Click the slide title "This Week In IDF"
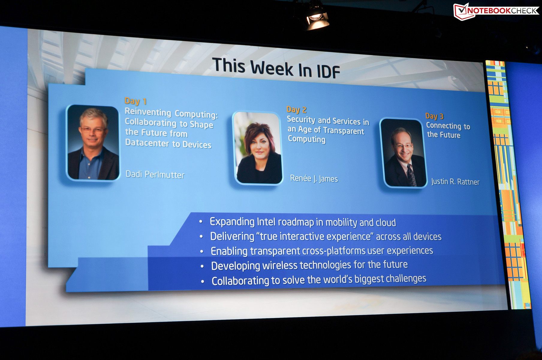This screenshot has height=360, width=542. (x=276, y=68)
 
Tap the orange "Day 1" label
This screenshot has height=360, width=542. (x=135, y=101)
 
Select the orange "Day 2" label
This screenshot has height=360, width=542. (x=296, y=109)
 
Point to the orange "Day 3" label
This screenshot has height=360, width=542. (x=434, y=116)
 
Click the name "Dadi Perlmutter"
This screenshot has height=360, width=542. (x=155, y=174)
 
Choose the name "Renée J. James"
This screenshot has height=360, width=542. (x=314, y=178)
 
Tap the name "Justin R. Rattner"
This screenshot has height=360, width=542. (x=455, y=181)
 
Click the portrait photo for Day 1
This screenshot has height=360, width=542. (x=93, y=143)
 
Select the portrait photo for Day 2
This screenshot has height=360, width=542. (x=258, y=148)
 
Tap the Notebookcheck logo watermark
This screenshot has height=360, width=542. (x=496, y=11)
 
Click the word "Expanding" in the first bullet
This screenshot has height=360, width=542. (x=232, y=222)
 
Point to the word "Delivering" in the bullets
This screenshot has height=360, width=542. (x=232, y=236)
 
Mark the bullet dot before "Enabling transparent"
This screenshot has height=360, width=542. (x=202, y=251)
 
